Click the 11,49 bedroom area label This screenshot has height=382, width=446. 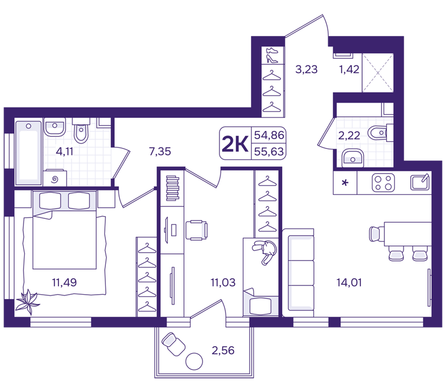(64, 283)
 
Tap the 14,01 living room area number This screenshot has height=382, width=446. (349, 283)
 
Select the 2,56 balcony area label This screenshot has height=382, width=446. (223, 350)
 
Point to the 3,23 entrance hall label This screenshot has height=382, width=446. (306, 69)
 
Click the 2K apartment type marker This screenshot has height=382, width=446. (235, 144)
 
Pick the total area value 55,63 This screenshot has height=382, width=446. (269, 152)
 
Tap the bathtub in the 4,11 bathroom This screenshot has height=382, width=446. (28, 153)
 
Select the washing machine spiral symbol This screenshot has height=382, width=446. (55, 179)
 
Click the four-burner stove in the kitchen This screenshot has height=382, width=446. (383, 182)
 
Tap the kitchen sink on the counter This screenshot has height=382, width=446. (420, 182)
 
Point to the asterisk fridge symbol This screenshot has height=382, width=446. (345, 183)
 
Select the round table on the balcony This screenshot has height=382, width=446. (194, 361)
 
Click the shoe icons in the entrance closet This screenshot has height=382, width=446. (272, 55)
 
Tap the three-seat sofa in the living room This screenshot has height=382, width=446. (299, 273)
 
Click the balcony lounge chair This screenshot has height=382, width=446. (173, 344)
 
